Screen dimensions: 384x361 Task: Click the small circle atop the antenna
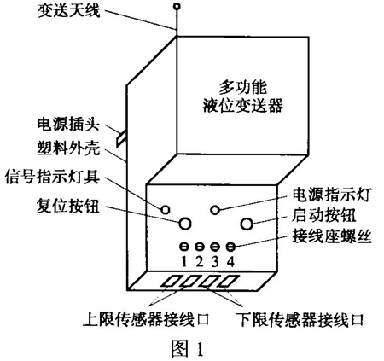177,6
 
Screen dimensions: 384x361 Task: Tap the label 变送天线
69,11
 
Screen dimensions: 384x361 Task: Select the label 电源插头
68,125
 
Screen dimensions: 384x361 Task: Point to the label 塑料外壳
69,148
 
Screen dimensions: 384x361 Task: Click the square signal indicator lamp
166,210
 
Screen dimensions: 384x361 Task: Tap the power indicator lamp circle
215,210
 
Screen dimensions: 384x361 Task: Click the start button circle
247,224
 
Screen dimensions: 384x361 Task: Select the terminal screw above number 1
184,247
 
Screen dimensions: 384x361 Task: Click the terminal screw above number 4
230,247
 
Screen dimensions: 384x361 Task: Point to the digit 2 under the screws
200,261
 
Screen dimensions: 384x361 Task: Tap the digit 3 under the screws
215,261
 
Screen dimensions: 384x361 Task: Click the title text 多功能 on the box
243,88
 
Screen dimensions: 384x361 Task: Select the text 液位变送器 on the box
243,105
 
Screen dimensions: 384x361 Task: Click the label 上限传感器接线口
146,319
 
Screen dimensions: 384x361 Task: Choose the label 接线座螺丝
332,237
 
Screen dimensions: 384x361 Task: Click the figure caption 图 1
188,349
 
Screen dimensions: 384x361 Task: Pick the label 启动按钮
323,215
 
